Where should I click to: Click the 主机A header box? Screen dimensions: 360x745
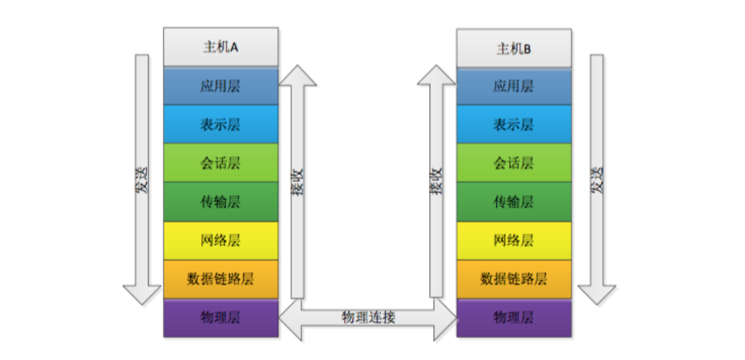point(220,47)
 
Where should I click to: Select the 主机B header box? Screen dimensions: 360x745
point(513,48)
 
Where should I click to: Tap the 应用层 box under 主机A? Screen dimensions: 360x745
point(220,86)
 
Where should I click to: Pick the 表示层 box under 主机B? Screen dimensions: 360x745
point(513,125)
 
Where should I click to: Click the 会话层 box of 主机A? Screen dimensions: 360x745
point(220,163)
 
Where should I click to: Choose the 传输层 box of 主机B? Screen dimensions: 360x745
point(513,201)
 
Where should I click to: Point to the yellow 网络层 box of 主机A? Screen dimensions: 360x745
point(220,240)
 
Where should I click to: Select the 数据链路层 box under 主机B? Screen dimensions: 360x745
point(513,278)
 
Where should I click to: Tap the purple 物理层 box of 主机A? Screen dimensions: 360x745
point(220,317)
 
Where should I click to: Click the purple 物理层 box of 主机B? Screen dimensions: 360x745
point(513,317)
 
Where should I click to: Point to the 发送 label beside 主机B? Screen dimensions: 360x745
point(597,180)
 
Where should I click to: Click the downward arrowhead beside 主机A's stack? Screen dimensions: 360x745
point(142,294)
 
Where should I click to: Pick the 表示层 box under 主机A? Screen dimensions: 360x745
point(220,124)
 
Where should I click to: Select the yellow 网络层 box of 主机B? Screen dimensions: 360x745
point(513,240)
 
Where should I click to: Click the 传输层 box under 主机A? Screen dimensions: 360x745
point(220,201)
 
